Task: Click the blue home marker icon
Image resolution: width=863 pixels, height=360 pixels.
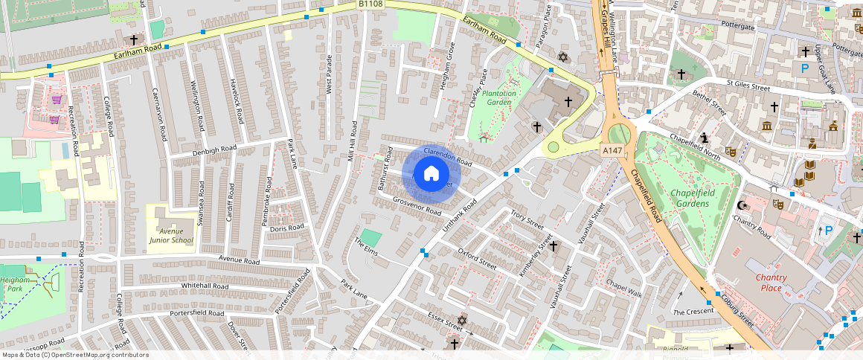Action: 431,174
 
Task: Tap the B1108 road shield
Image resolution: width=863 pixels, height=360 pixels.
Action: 370,4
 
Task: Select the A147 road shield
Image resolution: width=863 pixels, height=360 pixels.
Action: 612,150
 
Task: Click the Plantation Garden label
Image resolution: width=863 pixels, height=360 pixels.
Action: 498,98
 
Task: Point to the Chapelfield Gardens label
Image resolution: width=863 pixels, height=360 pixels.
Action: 687,199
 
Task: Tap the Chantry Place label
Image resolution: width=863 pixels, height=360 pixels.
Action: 771,283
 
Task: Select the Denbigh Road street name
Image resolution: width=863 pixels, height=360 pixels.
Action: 214,150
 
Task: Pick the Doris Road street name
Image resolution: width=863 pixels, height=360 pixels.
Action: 287,228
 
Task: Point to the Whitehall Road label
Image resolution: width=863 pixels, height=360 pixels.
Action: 204,286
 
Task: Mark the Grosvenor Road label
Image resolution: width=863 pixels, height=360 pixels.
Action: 417,205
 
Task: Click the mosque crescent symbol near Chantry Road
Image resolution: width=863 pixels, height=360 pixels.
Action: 740,205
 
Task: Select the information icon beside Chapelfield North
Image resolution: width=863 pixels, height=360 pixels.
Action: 705,137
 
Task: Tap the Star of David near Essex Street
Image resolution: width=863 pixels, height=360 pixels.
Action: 461,320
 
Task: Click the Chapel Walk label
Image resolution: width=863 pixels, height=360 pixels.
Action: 623,288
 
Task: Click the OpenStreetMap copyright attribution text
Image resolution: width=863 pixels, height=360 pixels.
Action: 75,355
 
